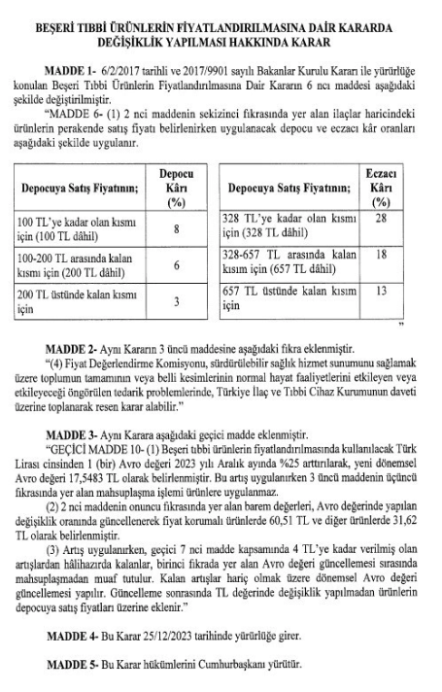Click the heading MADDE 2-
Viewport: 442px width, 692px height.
pos(75,347)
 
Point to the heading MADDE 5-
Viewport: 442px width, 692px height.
pos(75,671)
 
